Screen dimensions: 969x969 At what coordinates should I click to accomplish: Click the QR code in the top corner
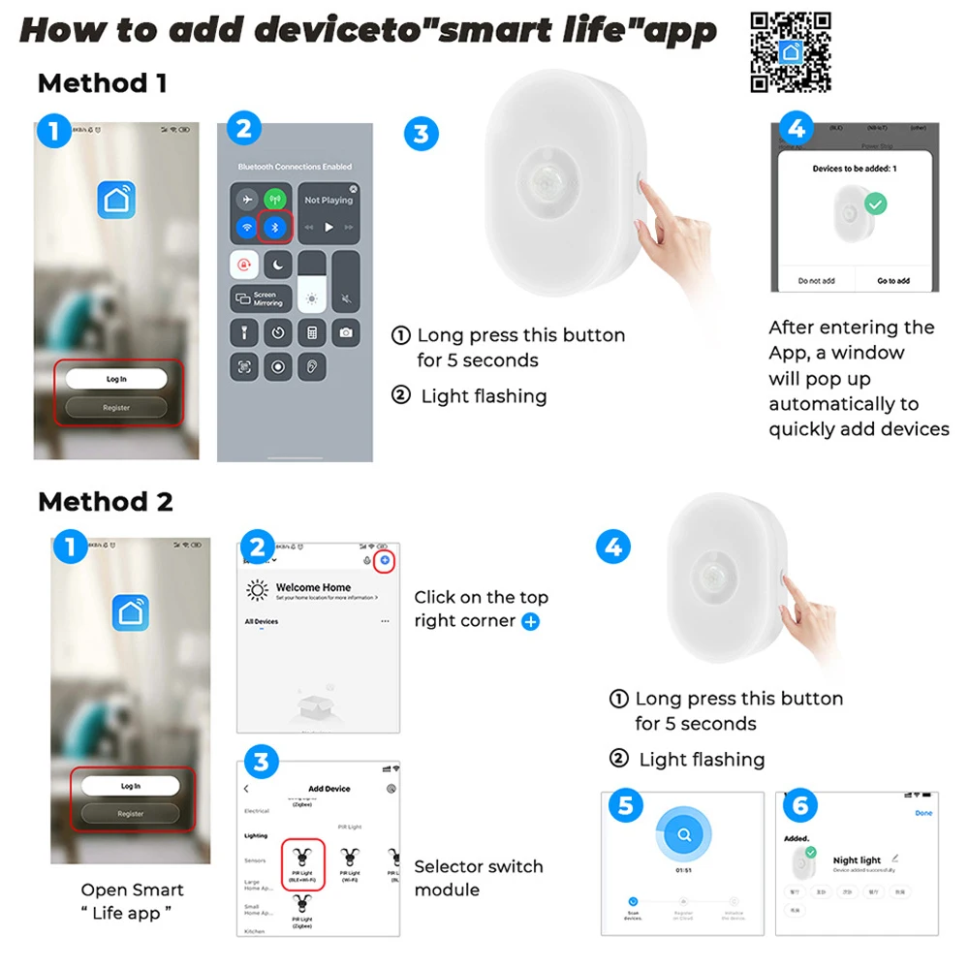coord(791,52)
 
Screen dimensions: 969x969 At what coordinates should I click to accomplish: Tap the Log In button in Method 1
coord(116,379)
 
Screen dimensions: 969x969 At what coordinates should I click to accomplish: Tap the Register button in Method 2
coord(131,814)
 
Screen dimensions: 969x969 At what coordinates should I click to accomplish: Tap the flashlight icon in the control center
coord(246,332)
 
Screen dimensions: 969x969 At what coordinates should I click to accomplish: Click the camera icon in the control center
coord(345,332)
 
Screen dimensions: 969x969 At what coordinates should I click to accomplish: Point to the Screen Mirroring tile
coord(260,298)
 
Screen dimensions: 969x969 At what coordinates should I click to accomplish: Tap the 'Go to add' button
coord(892,281)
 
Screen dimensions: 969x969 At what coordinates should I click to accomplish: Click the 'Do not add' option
coord(816,281)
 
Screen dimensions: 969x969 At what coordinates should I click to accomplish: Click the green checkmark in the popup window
coord(876,204)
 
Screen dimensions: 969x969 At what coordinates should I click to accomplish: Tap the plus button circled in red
coord(385,560)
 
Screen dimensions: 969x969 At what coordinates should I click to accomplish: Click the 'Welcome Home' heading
coord(313,587)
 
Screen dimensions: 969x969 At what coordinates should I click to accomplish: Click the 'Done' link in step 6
coord(923,813)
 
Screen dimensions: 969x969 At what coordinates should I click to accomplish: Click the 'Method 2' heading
coord(105,502)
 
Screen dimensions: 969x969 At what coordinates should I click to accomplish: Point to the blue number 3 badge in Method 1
coord(420,134)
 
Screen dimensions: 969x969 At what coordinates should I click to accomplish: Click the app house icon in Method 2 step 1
coord(130,612)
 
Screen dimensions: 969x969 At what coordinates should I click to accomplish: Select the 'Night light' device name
coord(857,860)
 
